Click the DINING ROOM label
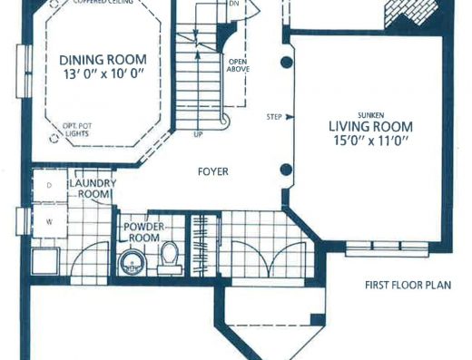103,60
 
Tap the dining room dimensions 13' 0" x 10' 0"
103,74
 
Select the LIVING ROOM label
370,126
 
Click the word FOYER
213,171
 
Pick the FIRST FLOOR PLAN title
408,285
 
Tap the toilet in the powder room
170,258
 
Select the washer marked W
49,221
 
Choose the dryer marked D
50,185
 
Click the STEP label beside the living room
274,117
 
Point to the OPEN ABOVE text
239,65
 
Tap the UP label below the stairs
198,135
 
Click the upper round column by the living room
286,63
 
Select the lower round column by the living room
286,170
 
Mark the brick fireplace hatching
410,12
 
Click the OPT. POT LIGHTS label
77,130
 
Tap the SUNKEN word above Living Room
371,115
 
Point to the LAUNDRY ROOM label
93,189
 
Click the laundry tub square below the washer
45,261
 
